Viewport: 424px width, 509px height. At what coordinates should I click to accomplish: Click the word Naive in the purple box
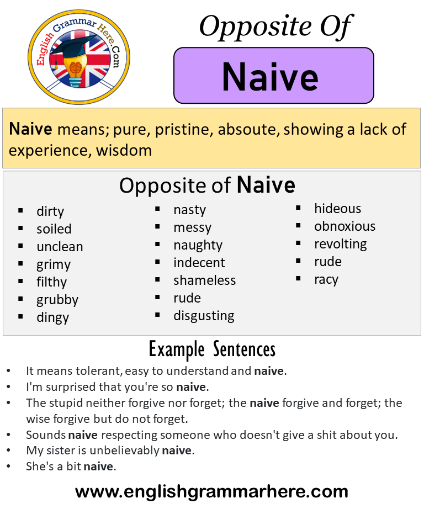point(270,77)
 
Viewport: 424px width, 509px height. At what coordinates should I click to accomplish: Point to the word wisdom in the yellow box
point(124,150)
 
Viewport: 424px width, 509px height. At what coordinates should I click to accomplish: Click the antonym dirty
point(50,211)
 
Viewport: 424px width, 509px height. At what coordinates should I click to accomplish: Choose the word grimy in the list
point(54,264)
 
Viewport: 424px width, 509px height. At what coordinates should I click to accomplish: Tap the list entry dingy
point(53,317)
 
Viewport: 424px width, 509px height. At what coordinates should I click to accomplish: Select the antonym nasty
point(189,210)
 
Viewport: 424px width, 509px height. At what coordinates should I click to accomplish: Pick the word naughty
point(198,245)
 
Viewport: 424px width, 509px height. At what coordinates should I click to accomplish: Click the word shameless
point(204,280)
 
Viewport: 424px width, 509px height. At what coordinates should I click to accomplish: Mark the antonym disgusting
point(204,316)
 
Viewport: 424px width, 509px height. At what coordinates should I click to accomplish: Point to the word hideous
point(338,209)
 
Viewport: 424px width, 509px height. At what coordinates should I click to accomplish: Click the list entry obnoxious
point(345,226)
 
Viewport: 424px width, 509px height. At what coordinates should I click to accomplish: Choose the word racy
point(326,279)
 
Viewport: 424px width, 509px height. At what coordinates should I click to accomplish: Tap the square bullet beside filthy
point(20,281)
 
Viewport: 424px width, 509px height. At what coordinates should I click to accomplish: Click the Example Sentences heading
point(212,349)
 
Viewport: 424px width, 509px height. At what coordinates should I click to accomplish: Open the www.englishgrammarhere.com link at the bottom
point(211,491)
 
